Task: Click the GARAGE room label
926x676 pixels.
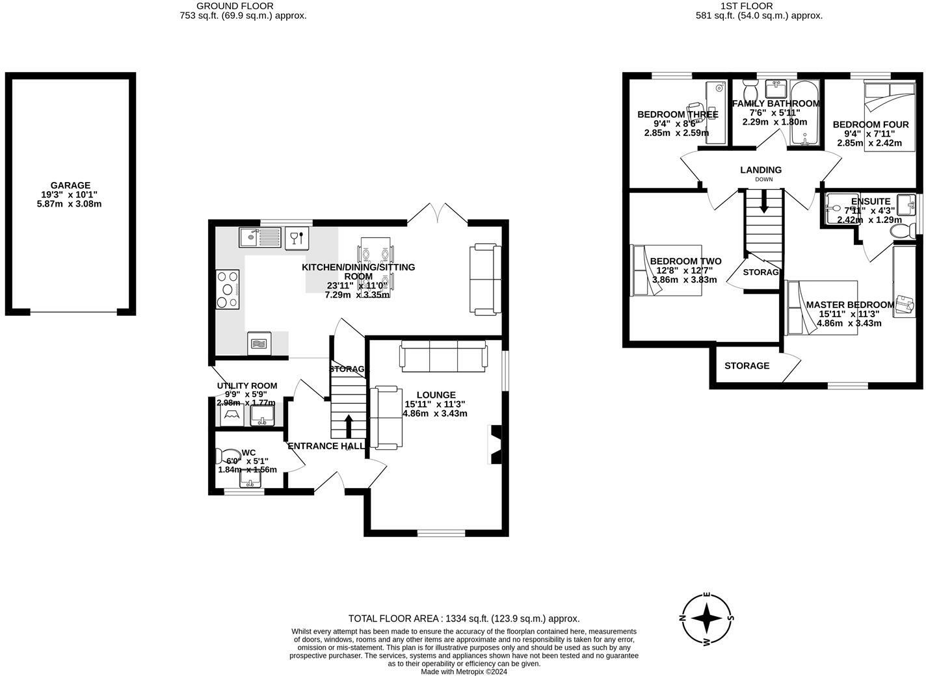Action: point(70,185)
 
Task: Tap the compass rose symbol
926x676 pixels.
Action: point(706,618)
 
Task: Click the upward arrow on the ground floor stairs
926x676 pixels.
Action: point(348,426)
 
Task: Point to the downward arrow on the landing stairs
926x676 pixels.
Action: point(763,201)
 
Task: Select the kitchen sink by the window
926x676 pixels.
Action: point(259,237)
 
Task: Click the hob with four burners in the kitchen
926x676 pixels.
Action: point(228,289)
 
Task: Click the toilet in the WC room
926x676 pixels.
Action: point(228,454)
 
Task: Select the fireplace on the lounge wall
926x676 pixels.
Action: point(495,445)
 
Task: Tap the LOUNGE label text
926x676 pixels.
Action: point(436,395)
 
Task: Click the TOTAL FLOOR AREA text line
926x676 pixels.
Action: point(464,619)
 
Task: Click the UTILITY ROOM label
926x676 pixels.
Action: point(246,385)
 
